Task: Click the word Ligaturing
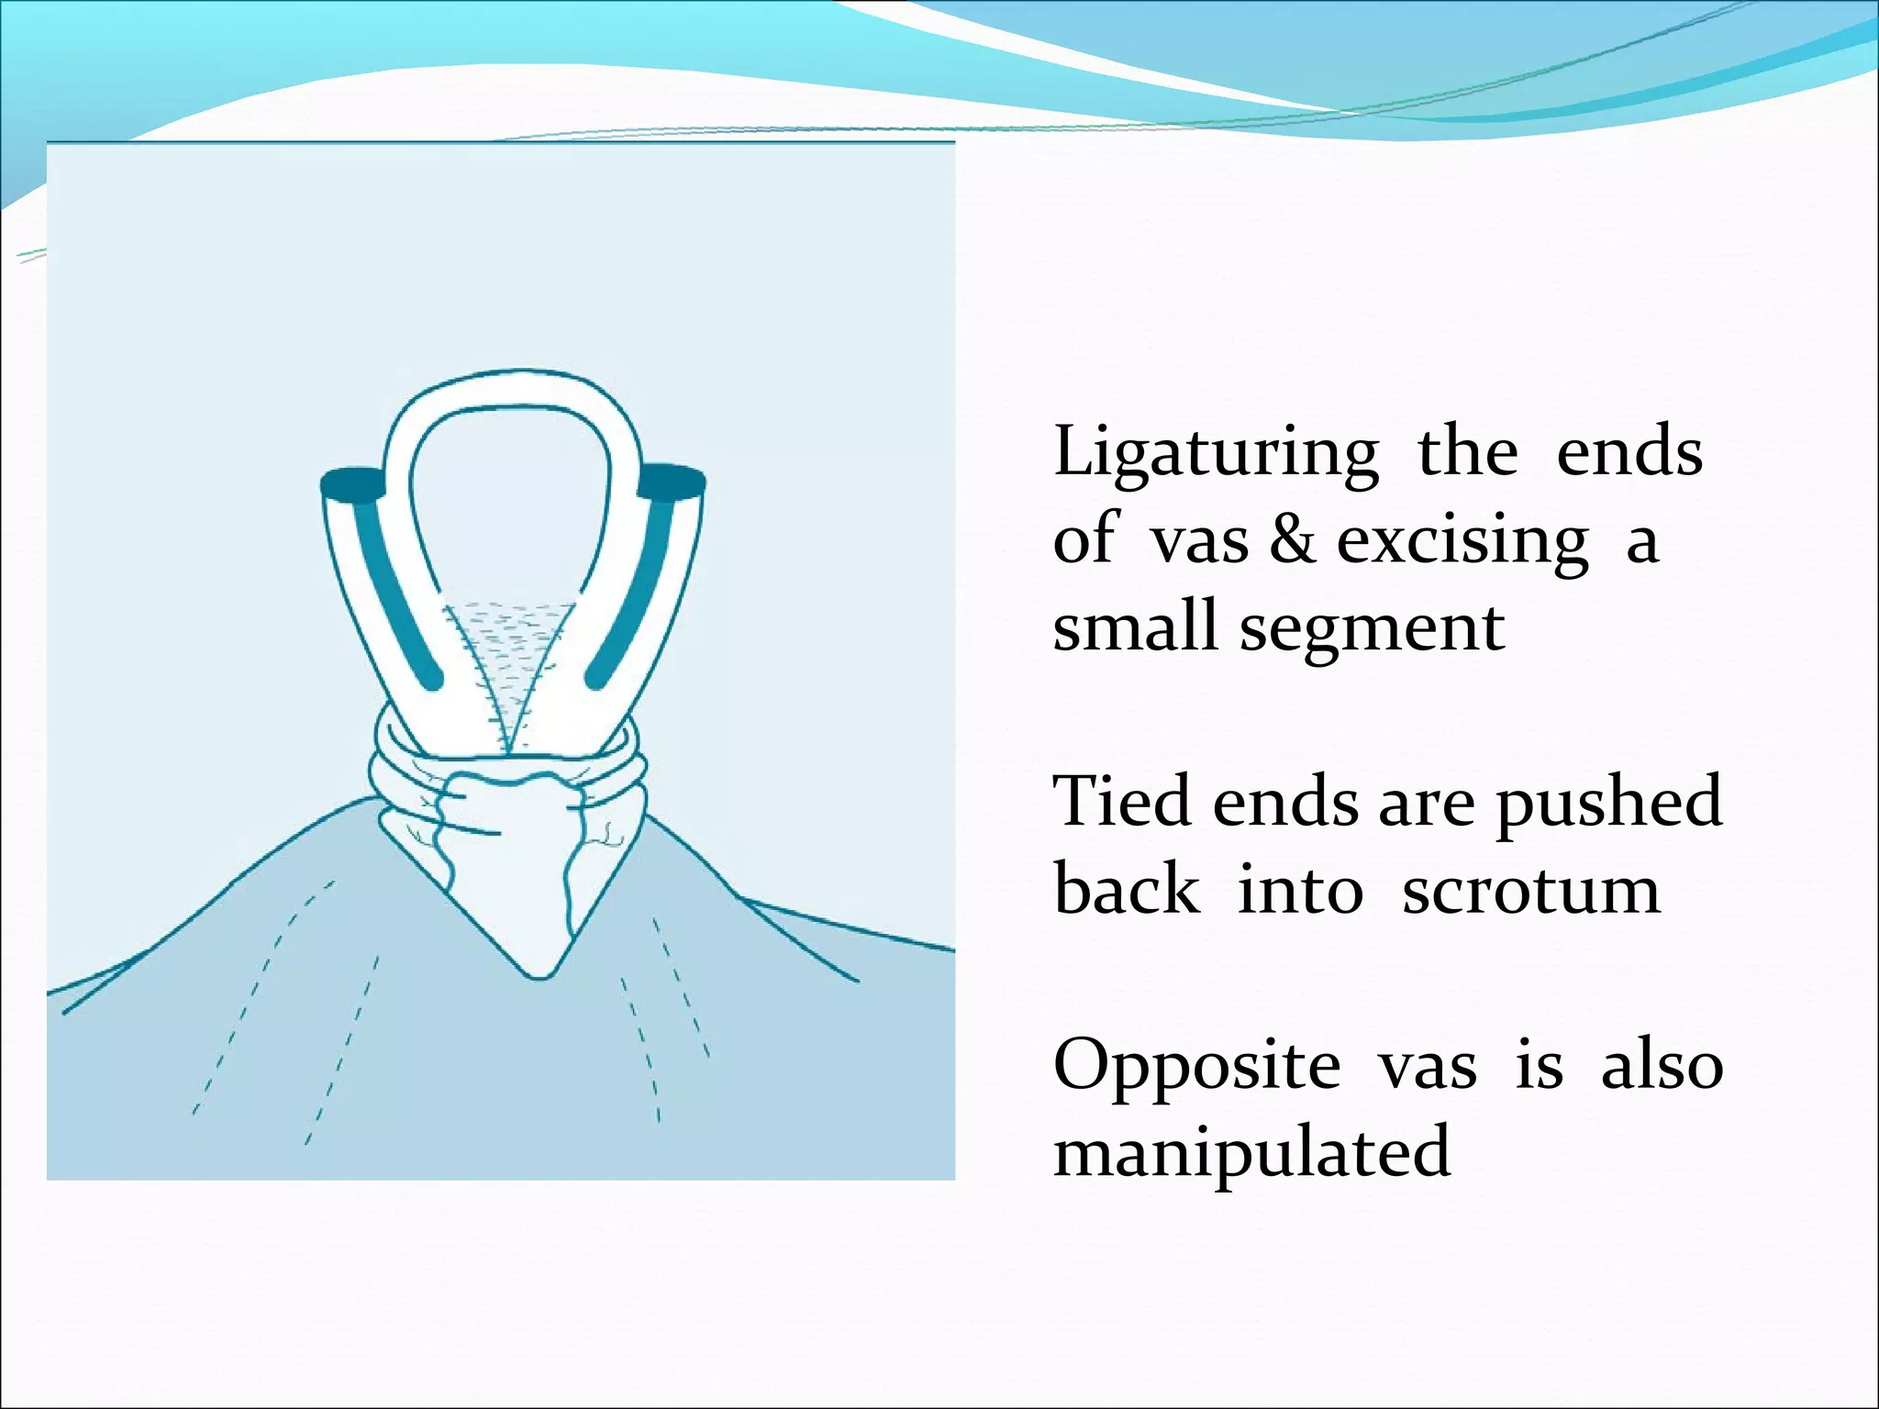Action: [x=1215, y=454]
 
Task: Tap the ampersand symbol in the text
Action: [x=1292, y=541]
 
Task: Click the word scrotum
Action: [x=1531, y=891]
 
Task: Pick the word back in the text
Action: [x=1126, y=890]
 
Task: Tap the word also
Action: [x=1662, y=1066]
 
